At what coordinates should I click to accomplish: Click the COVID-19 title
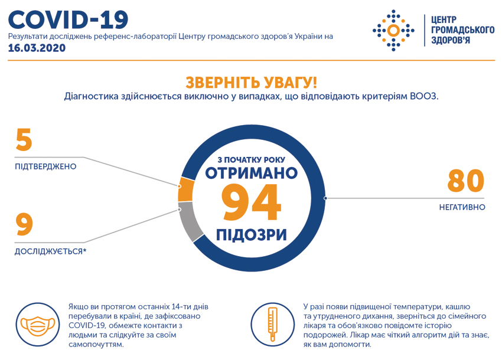[x=68, y=20]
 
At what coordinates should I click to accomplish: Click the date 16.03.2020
[x=37, y=48]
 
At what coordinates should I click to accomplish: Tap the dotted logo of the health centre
[x=393, y=31]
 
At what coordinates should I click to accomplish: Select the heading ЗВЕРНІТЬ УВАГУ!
[x=252, y=82]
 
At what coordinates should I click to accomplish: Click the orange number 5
[x=24, y=139]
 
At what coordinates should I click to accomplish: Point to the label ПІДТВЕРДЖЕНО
[x=45, y=166]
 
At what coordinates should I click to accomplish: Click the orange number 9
[x=24, y=224]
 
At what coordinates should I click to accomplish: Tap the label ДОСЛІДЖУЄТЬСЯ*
[x=51, y=251]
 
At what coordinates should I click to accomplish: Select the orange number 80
[x=466, y=181]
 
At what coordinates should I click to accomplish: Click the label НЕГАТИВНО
[x=462, y=207]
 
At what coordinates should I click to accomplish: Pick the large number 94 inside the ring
[x=252, y=202]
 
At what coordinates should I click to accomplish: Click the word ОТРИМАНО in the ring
[x=252, y=173]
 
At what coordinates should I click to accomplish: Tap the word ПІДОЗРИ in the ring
[x=252, y=235]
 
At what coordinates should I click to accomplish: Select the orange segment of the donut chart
[x=185, y=189]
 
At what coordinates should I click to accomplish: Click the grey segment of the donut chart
[x=190, y=221]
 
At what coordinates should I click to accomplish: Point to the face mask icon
[x=38, y=325]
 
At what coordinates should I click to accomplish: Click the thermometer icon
[x=272, y=325]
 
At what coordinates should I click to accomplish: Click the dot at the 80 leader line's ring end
[x=325, y=198]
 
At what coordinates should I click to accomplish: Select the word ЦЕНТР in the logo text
[x=444, y=20]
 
